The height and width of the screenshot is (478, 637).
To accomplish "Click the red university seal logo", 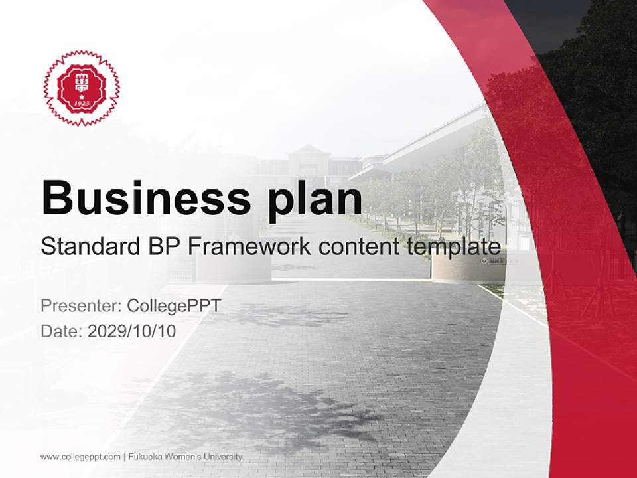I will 81,88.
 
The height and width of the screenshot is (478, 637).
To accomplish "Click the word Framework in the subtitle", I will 248,247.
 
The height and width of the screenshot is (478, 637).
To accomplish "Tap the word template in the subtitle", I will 454,247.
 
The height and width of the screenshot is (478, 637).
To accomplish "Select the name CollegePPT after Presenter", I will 173,306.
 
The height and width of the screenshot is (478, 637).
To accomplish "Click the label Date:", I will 62,331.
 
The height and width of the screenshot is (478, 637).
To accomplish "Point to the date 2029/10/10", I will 131,331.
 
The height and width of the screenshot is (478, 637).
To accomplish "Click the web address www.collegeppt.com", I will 80,457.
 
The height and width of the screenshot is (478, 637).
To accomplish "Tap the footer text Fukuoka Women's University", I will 185,457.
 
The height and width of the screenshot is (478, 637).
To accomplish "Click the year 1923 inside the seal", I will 81,104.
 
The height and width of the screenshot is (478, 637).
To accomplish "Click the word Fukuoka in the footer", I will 145,457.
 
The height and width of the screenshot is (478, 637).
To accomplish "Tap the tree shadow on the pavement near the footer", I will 265,405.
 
